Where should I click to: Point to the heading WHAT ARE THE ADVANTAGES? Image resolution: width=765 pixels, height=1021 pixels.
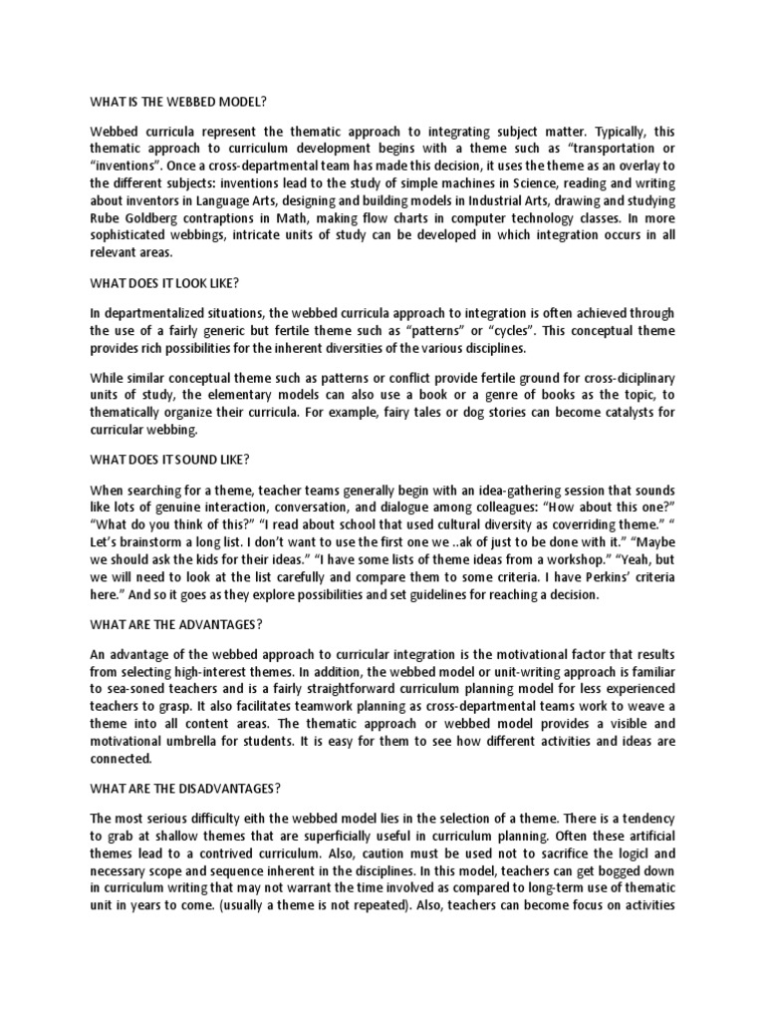(x=176, y=624)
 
